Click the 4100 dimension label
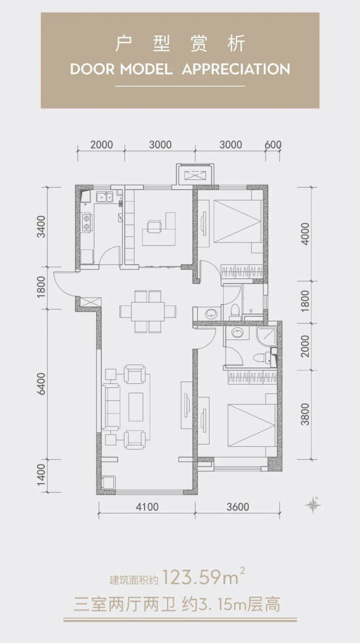click(x=147, y=507)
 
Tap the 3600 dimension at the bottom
click(x=238, y=507)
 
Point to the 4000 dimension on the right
click(x=306, y=233)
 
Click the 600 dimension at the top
click(x=273, y=144)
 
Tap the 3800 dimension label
click(x=306, y=414)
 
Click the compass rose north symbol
click(x=313, y=505)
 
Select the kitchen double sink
click(x=104, y=197)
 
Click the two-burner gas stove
click(x=87, y=222)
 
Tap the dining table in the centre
click(x=148, y=311)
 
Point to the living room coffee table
click(x=136, y=407)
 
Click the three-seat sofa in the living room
click(x=111, y=407)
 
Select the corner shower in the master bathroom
click(x=267, y=337)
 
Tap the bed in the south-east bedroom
click(x=252, y=425)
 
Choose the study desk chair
click(x=154, y=226)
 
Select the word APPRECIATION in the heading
click(x=236, y=70)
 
